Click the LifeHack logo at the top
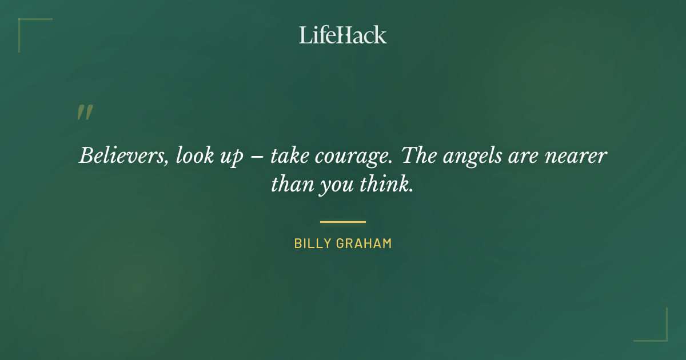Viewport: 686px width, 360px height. tap(343, 35)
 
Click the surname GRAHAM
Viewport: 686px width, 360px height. tap(365, 243)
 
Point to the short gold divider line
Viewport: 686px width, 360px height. tap(343, 222)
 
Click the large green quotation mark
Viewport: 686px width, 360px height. tap(84, 113)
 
